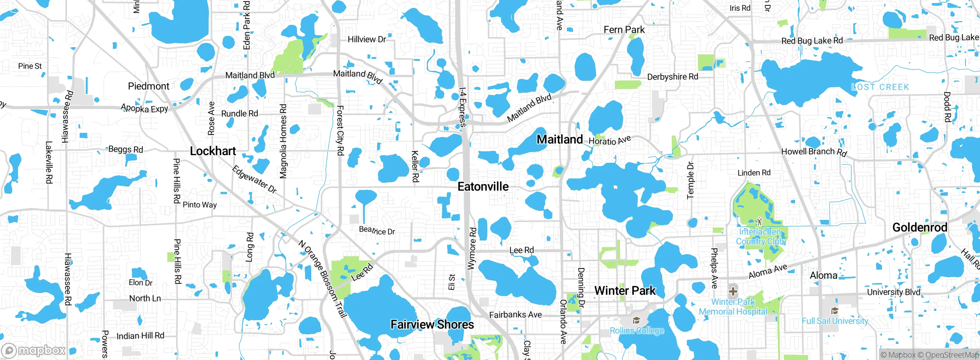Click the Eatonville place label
point(483,187)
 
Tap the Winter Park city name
point(625,291)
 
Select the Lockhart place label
point(213,151)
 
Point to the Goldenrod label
point(920,227)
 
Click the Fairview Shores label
point(432,325)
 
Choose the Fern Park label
point(624,30)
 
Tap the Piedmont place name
point(149,86)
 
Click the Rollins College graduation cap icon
point(636,320)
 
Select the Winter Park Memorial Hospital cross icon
point(733,291)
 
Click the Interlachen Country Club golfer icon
point(759,221)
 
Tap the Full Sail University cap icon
point(835,311)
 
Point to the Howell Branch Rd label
point(814,152)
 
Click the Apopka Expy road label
point(144,108)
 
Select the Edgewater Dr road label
point(254,179)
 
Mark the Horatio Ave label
point(609,141)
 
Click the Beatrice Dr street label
point(377,231)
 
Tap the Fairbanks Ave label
point(515,315)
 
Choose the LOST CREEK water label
point(880,87)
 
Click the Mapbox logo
point(34,350)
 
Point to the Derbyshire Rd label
point(673,77)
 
